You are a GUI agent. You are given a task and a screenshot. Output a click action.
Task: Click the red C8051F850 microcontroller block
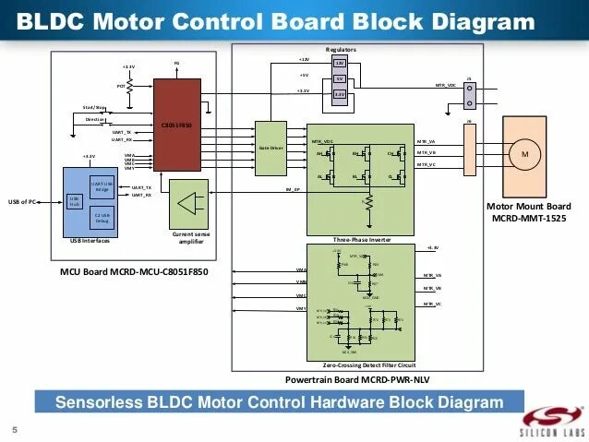177,125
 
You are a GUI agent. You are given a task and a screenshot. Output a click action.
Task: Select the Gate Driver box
270,148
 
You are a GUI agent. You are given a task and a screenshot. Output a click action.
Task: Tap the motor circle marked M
524,154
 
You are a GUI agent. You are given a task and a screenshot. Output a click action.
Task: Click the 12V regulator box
339,62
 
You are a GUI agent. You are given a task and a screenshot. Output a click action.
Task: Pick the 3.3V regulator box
339,94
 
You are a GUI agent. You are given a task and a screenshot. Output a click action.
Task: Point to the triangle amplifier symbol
191,206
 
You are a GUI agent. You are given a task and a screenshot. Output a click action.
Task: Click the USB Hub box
75,202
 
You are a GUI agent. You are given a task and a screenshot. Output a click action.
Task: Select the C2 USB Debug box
102,218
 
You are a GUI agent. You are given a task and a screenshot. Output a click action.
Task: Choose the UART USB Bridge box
102,187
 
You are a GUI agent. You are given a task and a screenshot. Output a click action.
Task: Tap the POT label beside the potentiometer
120,86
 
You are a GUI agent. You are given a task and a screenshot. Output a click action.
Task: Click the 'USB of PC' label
22,201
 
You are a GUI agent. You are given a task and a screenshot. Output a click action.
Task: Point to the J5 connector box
469,94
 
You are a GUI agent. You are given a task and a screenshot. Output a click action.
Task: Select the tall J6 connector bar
469,149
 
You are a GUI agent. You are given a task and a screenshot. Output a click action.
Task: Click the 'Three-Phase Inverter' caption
363,239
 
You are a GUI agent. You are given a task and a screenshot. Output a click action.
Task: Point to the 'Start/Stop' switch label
94,107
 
